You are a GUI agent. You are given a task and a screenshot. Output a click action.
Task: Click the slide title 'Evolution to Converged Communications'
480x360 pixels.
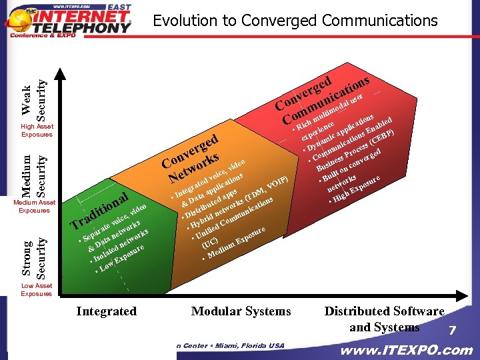pos(295,21)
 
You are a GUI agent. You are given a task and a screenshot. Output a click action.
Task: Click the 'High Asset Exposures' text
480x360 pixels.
pos(37,130)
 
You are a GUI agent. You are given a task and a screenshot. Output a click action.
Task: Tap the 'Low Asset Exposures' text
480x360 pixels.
pos(37,289)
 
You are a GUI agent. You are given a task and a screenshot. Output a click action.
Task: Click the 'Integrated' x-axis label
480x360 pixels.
pos(106,311)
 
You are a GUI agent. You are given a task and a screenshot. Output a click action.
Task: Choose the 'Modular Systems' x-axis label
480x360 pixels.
pos(241,311)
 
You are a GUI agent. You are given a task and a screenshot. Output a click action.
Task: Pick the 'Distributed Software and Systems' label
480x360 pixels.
pos(384,319)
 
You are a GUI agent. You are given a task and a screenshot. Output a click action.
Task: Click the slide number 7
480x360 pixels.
pos(451,331)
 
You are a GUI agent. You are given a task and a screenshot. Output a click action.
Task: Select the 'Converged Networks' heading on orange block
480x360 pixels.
pos(192,158)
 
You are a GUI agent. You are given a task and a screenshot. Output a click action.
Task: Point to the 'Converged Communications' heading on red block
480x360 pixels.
pos(323,97)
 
